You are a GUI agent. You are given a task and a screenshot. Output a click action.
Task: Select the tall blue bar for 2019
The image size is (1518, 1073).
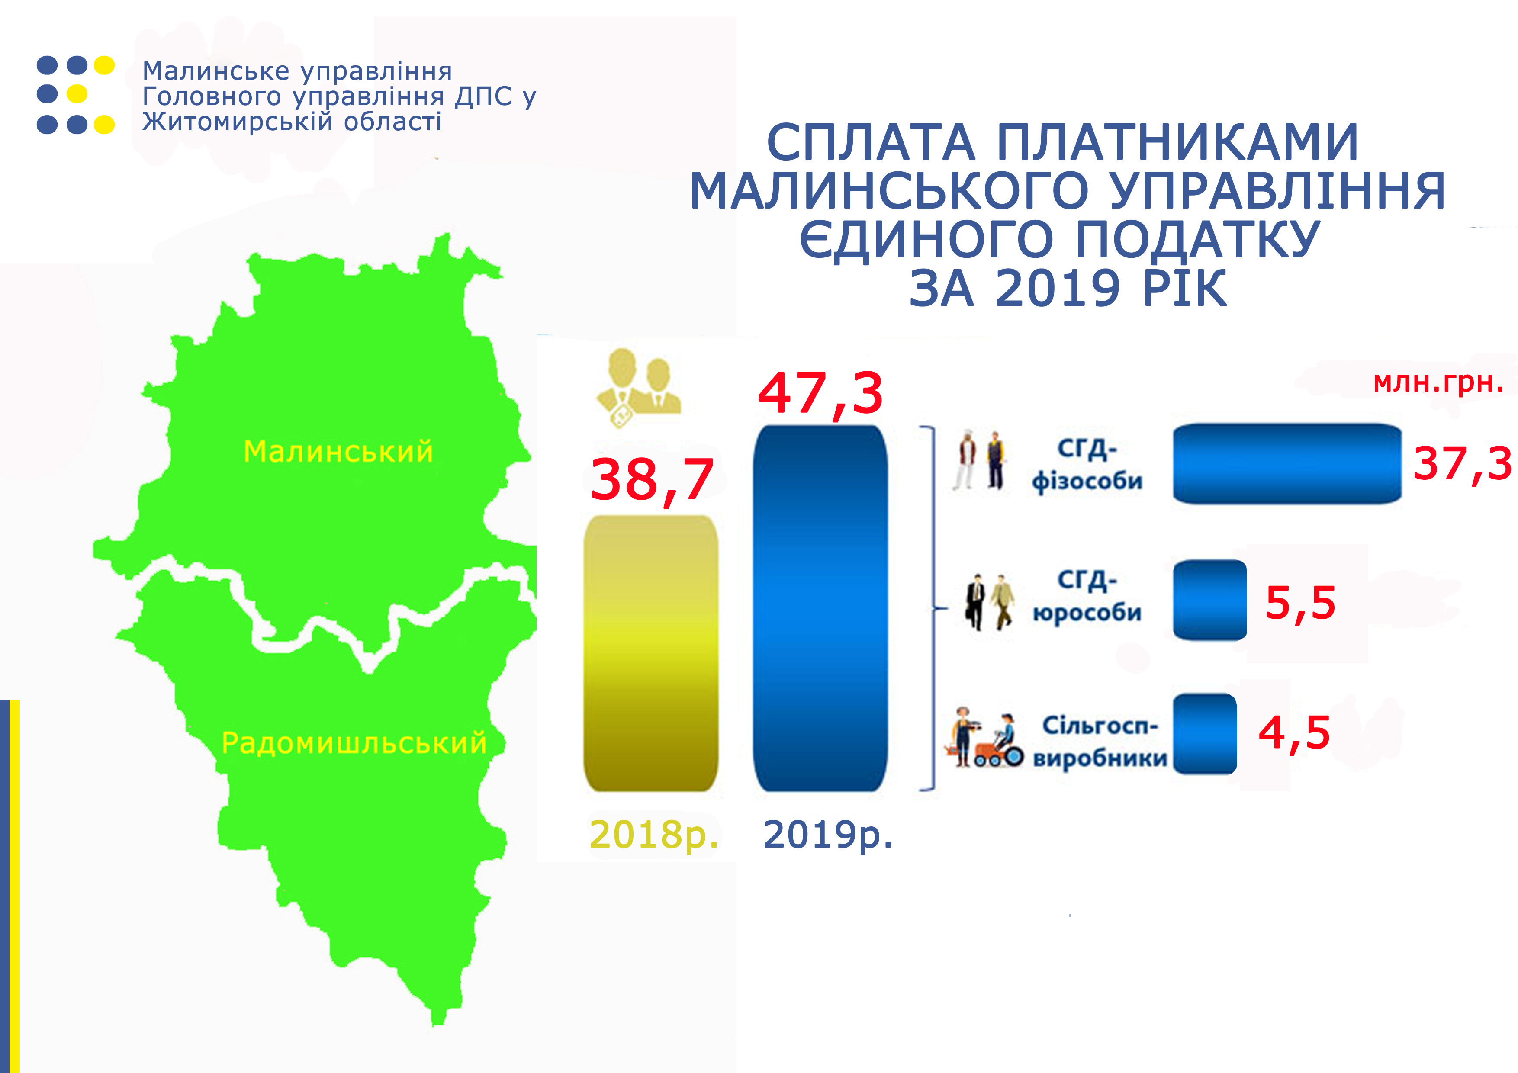[820, 608]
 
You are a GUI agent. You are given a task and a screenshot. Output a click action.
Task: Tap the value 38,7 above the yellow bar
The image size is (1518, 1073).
[652, 480]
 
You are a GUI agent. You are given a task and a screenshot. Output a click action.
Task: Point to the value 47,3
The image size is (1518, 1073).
[820, 394]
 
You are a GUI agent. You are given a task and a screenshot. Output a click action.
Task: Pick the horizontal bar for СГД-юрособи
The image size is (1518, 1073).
[1210, 600]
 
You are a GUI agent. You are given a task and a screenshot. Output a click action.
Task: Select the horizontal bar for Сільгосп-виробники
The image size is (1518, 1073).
[1205, 734]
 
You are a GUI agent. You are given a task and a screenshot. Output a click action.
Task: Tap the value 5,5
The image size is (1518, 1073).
[1300, 603]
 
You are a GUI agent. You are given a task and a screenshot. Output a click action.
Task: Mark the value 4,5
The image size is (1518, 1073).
[1294, 733]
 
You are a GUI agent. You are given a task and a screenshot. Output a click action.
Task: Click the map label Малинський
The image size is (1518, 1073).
[338, 452]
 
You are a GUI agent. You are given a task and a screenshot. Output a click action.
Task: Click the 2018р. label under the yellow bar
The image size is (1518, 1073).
[653, 835]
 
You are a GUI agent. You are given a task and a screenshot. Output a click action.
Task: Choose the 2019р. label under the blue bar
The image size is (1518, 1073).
[828, 835]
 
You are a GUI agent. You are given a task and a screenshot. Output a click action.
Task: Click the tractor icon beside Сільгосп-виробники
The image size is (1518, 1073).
[984, 737]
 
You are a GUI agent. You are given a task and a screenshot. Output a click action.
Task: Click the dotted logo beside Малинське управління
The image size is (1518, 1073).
[75, 95]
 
